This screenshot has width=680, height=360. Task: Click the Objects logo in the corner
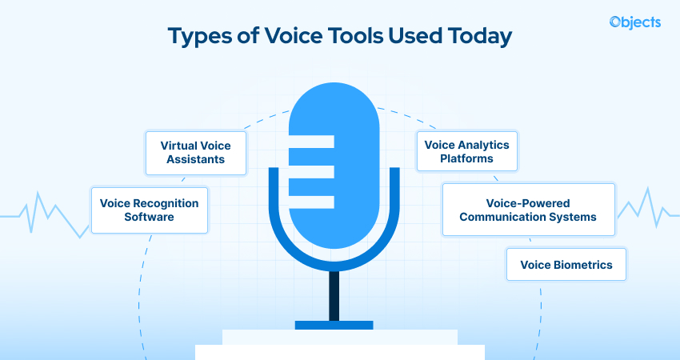coord(634,22)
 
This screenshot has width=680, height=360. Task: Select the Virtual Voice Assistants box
coord(196,152)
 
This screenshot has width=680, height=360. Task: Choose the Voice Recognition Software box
coord(149,210)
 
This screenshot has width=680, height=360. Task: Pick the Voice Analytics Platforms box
coord(467,152)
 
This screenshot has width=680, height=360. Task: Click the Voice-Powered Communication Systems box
coord(528,210)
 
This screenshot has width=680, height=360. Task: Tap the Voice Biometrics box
coord(566,265)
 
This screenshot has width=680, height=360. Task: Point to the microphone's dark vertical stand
coord(334,295)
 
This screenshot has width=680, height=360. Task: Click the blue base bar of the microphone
coord(334,325)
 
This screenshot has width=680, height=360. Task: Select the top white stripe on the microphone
coord(310,142)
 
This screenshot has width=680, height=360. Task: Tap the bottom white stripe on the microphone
coord(310,202)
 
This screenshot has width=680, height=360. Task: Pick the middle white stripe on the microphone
coord(310,172)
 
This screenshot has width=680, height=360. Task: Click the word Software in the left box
coord(149,218)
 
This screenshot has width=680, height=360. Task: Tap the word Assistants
coord(196,159)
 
